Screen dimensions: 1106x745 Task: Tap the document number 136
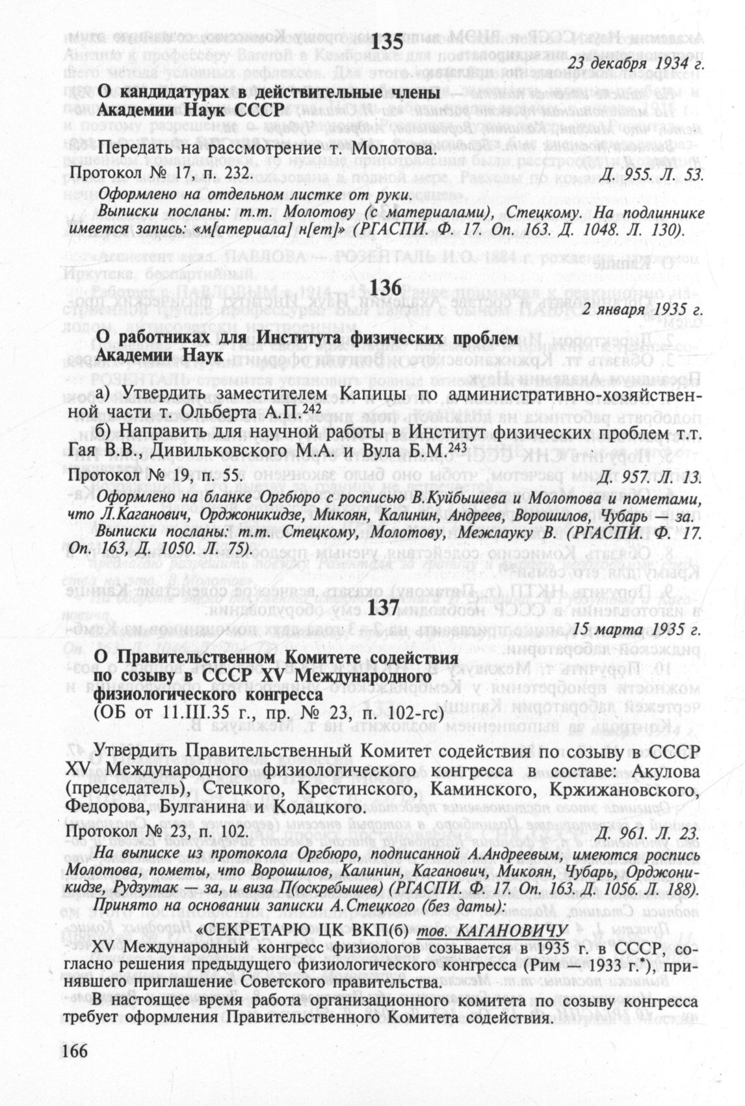389,287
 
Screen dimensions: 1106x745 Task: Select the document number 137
388,606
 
